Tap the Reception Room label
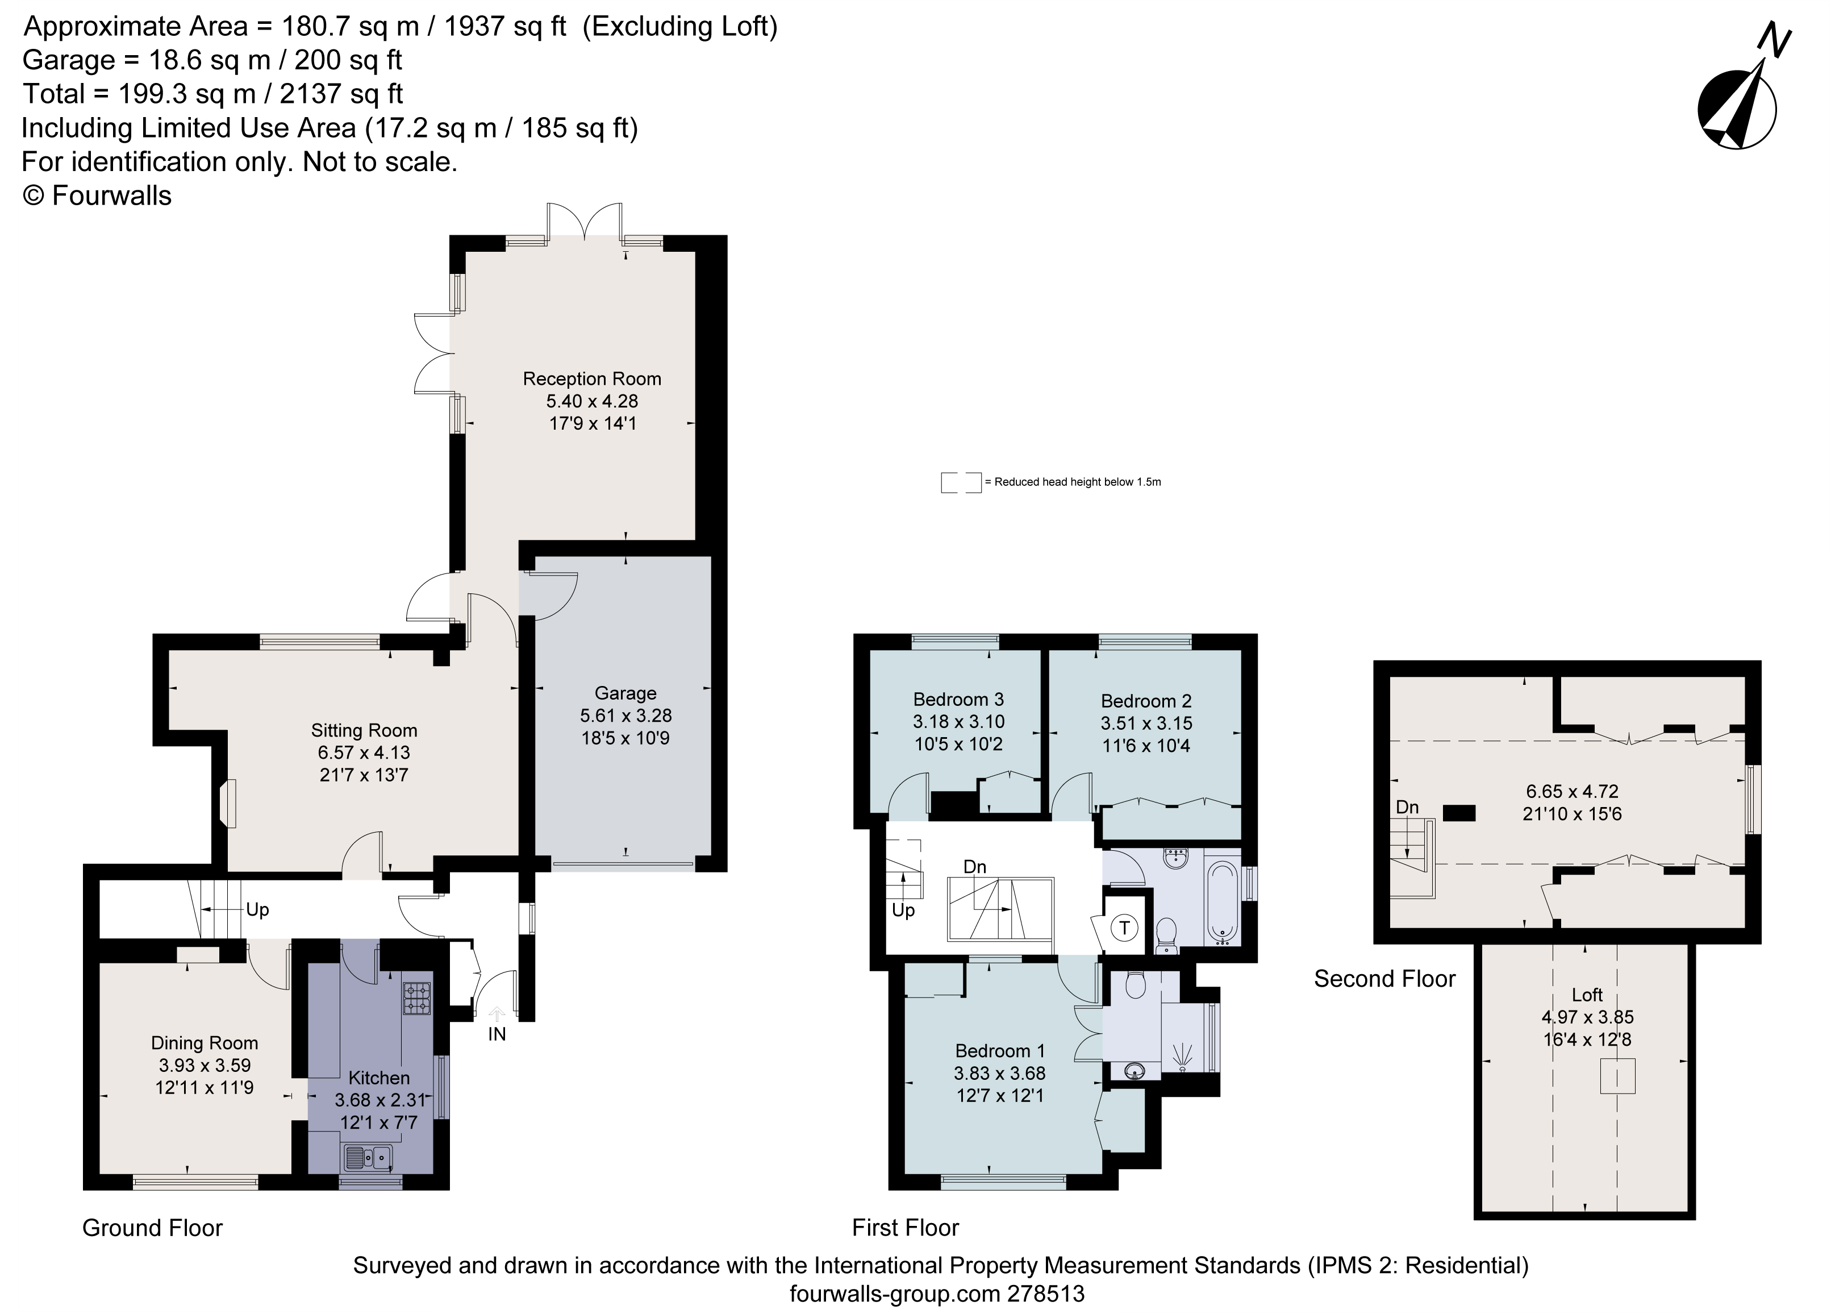click(592, 379)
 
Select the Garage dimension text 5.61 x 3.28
click(625, 716)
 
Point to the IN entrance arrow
click(497, 1014)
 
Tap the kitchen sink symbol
click(368, 1159)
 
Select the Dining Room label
click(205, 1043)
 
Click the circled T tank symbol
click(1124, 928)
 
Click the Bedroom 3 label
click(958, 700)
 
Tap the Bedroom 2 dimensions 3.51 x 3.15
click(1146, 723)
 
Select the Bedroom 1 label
click(999, 1051)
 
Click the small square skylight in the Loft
click(1617, 1076)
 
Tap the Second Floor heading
click(1384, 979)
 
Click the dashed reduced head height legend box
click(961, 482)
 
